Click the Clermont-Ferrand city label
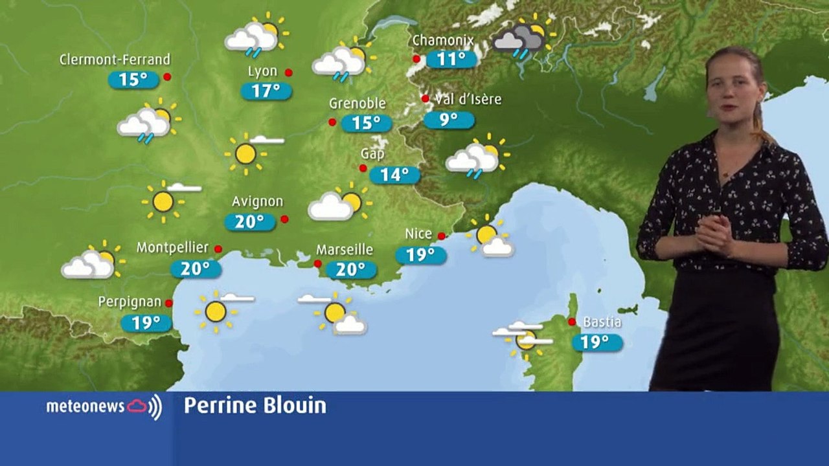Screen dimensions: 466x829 coord(115,60)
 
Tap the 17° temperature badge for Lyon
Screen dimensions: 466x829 coord(266,91)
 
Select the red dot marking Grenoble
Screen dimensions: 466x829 coord(332,122)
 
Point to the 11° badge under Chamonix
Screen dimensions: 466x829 coord(451,60)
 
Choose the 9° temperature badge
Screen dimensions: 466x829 coord(449,120)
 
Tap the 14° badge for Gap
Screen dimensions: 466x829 coord(394,175)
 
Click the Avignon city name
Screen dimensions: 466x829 coord(257,201)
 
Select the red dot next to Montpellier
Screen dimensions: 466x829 coord(218,249)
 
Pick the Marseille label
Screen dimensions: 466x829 coord(345,249)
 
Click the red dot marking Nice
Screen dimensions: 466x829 coord(441,236)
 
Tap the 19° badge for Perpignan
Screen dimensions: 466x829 coord(146,322)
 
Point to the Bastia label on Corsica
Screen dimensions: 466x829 coord(602,322)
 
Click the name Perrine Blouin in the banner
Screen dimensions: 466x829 coord(255,406)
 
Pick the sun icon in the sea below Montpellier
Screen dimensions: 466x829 coord(216,311)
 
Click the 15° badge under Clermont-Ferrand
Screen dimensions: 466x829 coord(133,80)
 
